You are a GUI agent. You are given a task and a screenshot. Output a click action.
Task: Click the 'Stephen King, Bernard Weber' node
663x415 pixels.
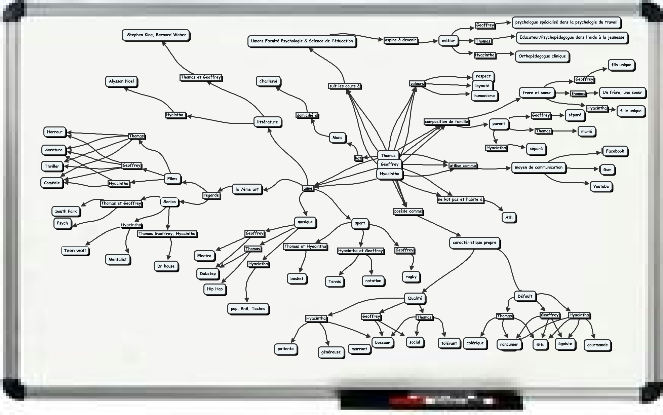tap(156, 35)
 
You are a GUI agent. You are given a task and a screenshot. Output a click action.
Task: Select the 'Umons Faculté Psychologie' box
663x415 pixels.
tap(302, 41)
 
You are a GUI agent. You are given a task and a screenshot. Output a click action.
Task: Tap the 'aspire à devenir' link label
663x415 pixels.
tap(400, 40)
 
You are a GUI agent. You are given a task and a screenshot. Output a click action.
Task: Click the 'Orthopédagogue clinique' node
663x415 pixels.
tap(542, 56)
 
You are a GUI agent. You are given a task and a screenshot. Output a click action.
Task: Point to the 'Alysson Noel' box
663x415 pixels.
tap(121, 81)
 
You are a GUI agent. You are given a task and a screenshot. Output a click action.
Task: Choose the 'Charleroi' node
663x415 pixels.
tap(268, 81)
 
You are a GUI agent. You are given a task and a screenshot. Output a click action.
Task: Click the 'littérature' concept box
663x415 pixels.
tap(267, 122)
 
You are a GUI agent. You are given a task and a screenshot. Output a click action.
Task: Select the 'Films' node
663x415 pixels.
tap(172, 179)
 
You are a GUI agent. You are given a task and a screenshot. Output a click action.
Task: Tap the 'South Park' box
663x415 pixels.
tap(66, 212)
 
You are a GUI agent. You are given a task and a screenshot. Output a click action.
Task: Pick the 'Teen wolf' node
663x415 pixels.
tap(75, 251)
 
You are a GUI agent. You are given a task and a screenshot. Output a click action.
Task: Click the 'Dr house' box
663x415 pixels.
tap(166, 266)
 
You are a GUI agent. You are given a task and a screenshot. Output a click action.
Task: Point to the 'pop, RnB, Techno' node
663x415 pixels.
tap(248, 309)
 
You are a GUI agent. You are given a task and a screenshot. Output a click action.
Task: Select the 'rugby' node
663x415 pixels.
tap(411, 277)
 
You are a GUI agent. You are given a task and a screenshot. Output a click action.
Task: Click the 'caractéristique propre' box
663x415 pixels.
tap(474, 242)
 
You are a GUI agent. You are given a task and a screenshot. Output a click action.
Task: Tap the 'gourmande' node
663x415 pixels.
tap(597, 345)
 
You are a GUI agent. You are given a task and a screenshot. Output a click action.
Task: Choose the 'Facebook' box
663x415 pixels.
tap(615, 151)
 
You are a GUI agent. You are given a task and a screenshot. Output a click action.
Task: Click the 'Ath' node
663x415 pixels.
tap(509, 218)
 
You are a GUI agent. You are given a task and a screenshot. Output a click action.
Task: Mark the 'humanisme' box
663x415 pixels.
tap(484, 96)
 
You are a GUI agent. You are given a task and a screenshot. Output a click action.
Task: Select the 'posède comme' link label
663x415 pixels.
tap(408, 212)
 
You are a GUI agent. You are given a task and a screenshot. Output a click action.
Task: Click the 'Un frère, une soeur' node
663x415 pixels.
tap(622, 92)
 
